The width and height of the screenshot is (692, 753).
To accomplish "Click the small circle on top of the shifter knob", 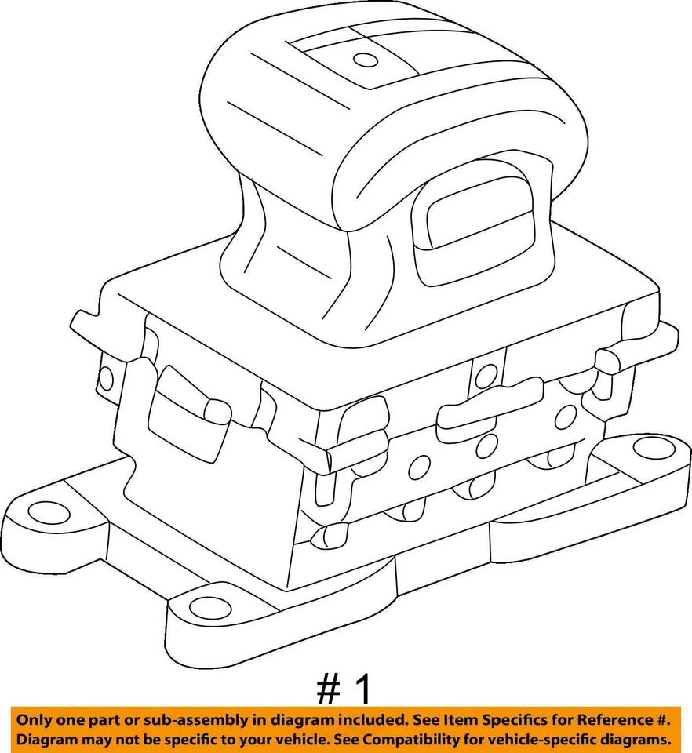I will coord(365,59).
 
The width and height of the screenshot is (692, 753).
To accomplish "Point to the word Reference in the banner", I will coord(610,720).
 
